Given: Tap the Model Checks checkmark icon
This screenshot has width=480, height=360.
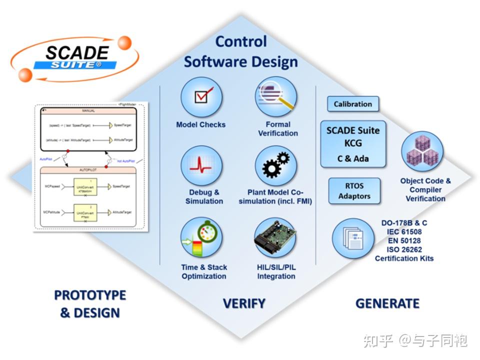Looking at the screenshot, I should (201, 97).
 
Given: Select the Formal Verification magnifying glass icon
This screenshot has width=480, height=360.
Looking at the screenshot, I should (276, 97).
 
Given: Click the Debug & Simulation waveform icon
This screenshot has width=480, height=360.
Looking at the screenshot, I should (201, 165).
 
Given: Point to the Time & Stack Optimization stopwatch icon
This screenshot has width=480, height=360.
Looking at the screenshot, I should (201, 237).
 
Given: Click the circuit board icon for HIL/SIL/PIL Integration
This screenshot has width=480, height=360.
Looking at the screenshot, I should (275, 237).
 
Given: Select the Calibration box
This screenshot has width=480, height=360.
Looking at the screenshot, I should (353, 104).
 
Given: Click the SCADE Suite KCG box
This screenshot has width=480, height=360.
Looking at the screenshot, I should (353, 144).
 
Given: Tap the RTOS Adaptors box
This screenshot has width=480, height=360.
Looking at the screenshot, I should (354, 191).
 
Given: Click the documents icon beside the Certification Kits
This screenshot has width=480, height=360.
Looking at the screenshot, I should (353, 238).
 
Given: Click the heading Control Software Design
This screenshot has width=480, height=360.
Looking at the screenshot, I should (241, 52).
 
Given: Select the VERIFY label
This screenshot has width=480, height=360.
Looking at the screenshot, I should (243, 303).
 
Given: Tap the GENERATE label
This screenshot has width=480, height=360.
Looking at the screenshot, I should (387, 303).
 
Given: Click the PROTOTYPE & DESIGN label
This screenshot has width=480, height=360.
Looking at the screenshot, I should (90, 304).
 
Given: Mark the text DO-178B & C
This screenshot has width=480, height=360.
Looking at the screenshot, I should (404, 223).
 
